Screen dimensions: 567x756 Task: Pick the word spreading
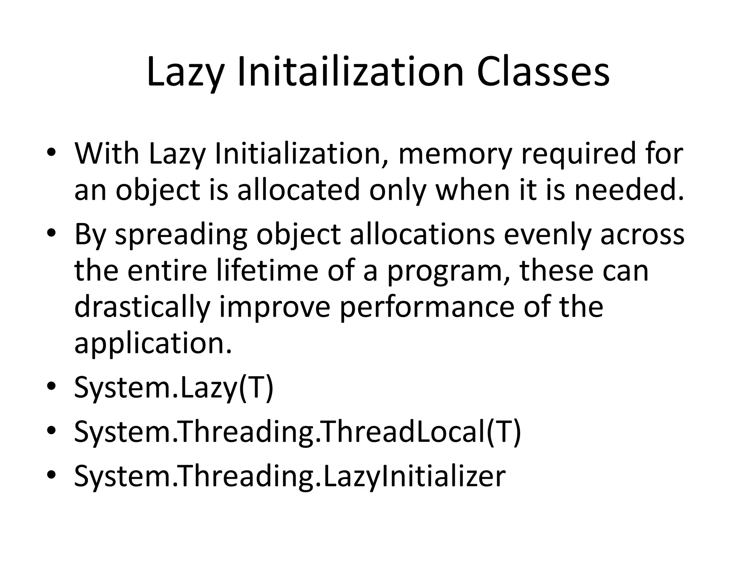[181, 235]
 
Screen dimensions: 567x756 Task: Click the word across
[642, 235]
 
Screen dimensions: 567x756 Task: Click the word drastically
[142, 307]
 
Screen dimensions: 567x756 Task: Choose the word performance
[426, 307]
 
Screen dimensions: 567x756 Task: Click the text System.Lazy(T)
[173, 388]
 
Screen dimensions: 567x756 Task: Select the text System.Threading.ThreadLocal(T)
[298, 432]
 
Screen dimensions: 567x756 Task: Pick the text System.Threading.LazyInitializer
[290, 476]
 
